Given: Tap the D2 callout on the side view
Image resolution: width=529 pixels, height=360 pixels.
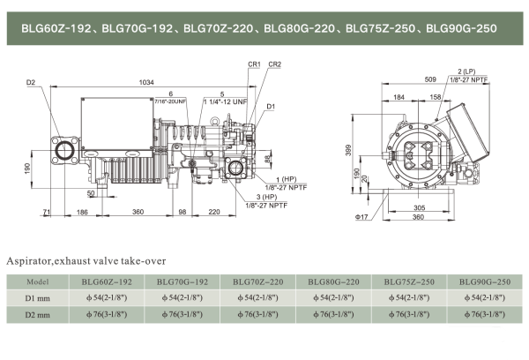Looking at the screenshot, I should (x=31, y=83).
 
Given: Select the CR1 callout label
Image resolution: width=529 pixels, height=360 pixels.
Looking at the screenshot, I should (x=254, y=64).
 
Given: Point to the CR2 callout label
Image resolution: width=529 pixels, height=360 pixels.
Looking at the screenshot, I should (x=275, y=64).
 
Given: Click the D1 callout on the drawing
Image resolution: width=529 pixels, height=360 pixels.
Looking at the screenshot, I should (x=271, y=108).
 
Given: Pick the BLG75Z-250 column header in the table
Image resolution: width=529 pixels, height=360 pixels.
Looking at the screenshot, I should (x=406, y=281).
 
